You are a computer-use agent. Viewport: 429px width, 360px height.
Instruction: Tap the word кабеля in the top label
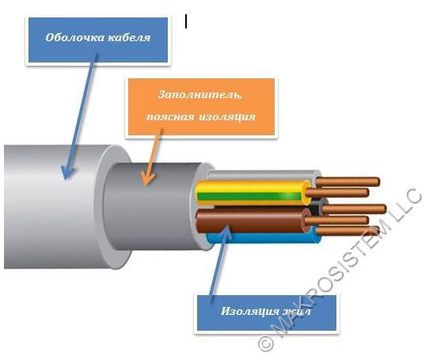coord(129,37)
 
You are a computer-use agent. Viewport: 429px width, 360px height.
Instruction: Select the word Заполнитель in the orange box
coord(200,95)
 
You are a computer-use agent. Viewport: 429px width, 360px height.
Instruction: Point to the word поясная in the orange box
coord(170,117)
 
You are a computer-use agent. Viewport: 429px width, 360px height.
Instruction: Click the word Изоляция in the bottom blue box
coord(249,312)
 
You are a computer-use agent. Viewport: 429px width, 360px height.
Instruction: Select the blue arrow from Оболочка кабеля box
coord(80,117)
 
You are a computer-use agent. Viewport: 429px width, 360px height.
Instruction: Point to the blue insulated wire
coord(263,238)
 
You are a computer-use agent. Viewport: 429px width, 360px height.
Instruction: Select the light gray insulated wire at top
coord(264,175)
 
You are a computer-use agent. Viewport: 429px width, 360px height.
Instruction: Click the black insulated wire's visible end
coord(316,207)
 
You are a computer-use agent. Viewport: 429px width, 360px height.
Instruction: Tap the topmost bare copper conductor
coord(347,182)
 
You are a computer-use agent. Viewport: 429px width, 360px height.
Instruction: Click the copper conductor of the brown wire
coord(336,221)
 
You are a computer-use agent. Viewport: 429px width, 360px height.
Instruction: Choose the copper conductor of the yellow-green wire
coord(337,192)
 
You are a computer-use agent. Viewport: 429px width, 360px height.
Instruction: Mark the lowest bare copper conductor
coord(347,230)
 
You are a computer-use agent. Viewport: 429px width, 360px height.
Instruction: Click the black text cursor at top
coord(186,21)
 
